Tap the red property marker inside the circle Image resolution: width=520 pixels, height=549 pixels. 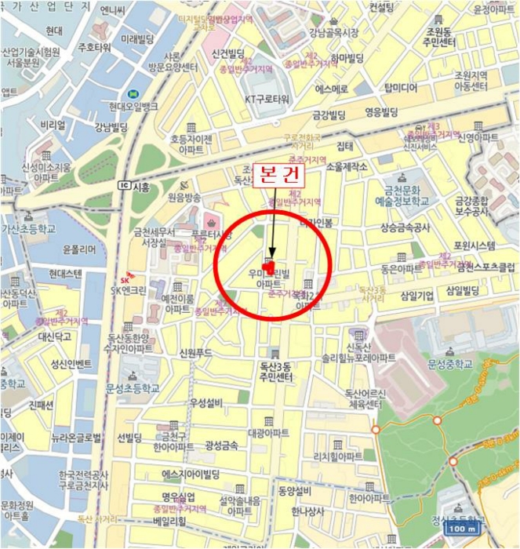(270, 267)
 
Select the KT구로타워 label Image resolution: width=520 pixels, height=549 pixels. (267, 100)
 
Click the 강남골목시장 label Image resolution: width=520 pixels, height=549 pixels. (333, 32)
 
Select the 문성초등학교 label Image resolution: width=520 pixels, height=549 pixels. (133, 387)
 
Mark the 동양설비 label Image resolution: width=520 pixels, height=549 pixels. (295, 492)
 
